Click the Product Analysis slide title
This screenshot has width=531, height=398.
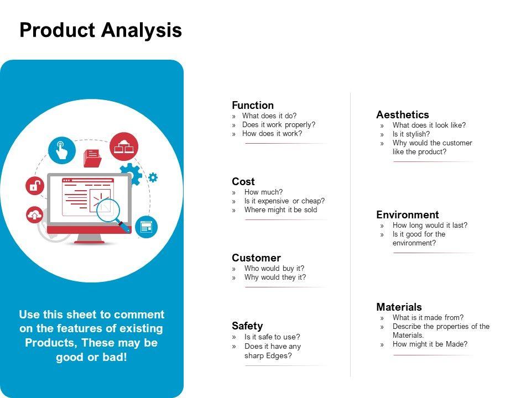pyautogui.click(x=101, y=30)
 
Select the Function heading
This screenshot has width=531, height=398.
pyautogui.click(x=253, y=105)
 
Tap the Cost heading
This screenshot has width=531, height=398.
pyautogui.click(x=243, y=181)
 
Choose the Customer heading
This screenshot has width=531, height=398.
pyautogui.click(x=256, y=258)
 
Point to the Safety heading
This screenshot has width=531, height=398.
pyautogui.click(x=247, y=326)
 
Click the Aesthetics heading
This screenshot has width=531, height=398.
pyautogui.click(x=402, y=115)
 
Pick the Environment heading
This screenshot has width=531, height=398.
pyautogui.click(x=408, y=214)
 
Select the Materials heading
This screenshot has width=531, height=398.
pyautogui.click(x=399, y=307)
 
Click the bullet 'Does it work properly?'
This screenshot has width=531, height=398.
pyautogui.click(x=278, y=125)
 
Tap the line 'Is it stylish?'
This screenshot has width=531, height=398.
pyautogui.click(x=411, y=134)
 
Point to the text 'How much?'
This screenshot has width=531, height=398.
pyautogui.click(x=263, y=192)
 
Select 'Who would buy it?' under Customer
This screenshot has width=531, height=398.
pyautogui.click(x=274, y=269)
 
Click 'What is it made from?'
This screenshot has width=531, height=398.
pyautogui.click(x=428, y=317)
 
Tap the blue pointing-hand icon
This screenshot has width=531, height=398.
pyautogui.click(x=61, y=150)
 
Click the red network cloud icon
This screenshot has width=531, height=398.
pyautogui.click(x=123, y=146)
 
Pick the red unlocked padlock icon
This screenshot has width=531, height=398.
pyautogui.click(x=35, y=186)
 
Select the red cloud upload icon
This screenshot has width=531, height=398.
pyautogui.click(x=34, y=215)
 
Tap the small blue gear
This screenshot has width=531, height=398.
pyautogui.click(x=153, y=177)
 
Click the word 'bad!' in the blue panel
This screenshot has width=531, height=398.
pyautogui.click(x=114, y=357)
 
